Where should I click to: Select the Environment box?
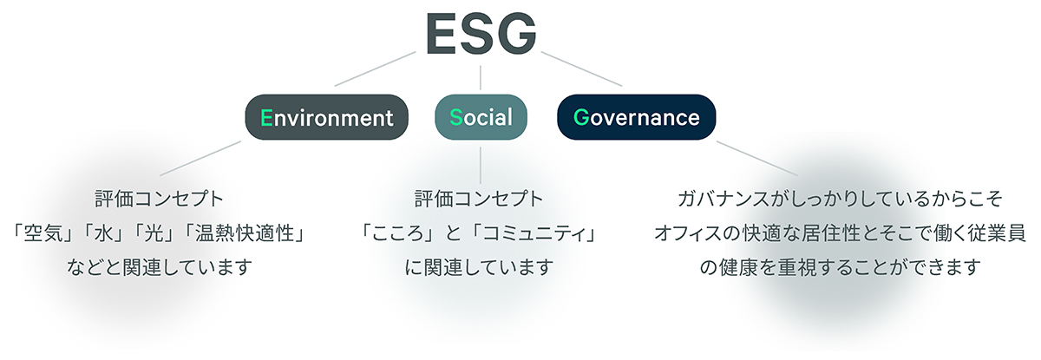[327, 117]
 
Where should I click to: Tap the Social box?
[481, 117]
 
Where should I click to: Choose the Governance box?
[636, 117]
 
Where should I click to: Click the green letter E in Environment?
[266, 117]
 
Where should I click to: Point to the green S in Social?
[455, 117]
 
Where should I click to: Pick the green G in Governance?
[580, 117]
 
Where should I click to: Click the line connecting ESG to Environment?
[374, 69]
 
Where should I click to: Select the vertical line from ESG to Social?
[481, 76]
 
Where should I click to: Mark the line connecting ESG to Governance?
[581, 69]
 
